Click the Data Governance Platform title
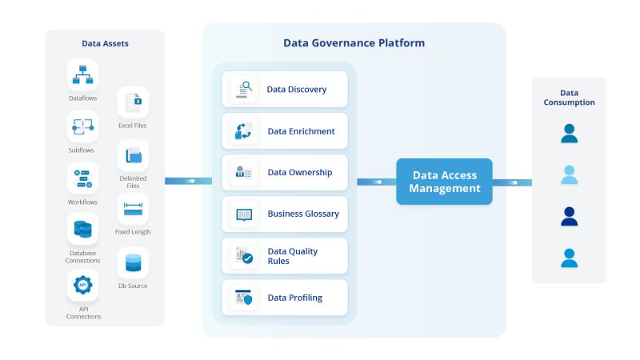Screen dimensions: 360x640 click(x=354, y=43)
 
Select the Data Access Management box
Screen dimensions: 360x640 click(x=445, y=182)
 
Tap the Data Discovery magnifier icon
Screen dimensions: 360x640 click(x=244, y=90)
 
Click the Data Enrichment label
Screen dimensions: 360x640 click(x=301, y=131)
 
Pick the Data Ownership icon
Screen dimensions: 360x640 click(x=244, y=172)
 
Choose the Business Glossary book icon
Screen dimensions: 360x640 click(x=244, y=214)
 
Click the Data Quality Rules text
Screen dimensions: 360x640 click(x=292, y=256)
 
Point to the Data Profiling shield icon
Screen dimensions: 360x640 click(x=244, y=298)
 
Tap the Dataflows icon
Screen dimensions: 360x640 click(x=82, y=74)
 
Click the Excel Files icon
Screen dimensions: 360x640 click(x=133, y=102)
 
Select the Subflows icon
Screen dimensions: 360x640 click(x=82, y=126)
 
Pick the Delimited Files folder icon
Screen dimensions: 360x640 click(x=133, y=155)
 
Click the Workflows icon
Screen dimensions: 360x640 click(x=82, y=178)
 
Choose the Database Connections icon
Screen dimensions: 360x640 click(x=82, y=230)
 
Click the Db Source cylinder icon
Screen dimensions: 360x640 click(x=133, y=262)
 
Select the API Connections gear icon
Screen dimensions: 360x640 click(x=82, y=285)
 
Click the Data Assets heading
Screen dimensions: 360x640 click(x=105, y=44)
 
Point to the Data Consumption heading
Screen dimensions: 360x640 click(x=569, y=97)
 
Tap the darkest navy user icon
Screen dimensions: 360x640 click(x=569, y=216)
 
